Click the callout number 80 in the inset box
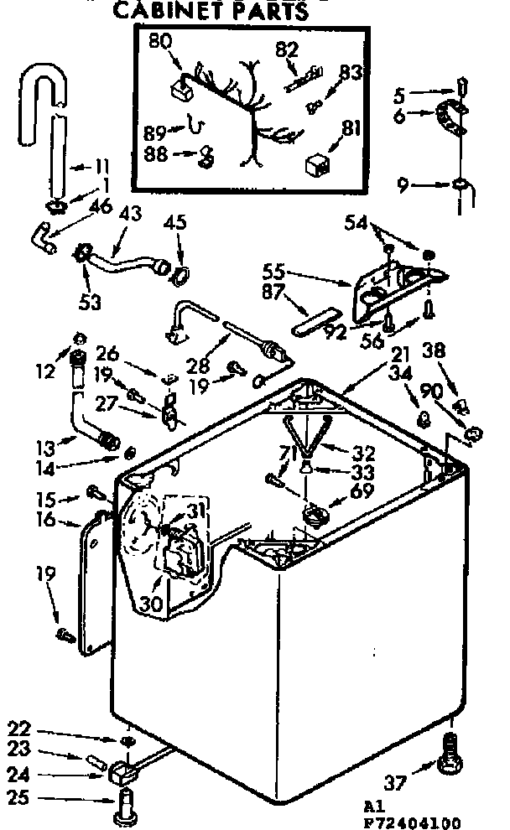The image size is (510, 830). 161,39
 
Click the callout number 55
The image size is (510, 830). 273,272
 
